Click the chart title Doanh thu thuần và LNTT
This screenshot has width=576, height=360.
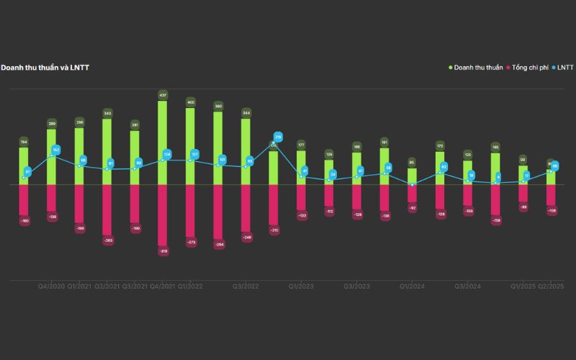click(45, 67)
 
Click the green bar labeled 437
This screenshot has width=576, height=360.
click(162, 143)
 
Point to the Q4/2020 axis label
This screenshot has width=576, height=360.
click(52, 286)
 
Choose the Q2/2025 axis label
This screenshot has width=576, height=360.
click(551, 286)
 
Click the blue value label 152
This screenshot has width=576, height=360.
click(56, 150)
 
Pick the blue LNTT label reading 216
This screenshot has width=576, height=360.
click(278, 136)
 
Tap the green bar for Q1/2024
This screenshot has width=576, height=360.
click(412, 176)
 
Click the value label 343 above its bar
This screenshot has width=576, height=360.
click(107, 113)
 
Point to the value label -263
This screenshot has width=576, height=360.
click(107, 240)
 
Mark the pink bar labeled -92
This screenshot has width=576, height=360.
click(412, 194)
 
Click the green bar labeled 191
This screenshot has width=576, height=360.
click(384, 166)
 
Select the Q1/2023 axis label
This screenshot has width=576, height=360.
click(301, 286)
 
